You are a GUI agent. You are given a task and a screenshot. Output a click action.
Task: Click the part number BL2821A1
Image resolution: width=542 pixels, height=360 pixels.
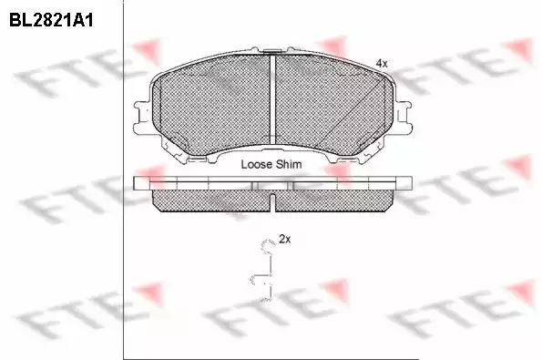coord(51,20)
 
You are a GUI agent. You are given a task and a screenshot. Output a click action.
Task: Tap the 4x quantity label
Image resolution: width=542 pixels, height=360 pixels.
coord(382,63)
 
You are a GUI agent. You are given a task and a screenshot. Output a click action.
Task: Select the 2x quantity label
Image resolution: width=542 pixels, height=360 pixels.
coord(285,239)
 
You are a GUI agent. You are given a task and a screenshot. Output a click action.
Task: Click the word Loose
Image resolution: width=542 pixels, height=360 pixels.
coord(257,164)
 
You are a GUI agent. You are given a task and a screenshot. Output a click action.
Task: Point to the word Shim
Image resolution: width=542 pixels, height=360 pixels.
coord(289,164)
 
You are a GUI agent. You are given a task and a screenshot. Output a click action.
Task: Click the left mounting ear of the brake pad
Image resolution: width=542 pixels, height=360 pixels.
coord(142,117)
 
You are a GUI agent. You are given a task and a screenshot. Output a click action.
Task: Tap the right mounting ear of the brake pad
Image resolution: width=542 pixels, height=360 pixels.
coord(403,117)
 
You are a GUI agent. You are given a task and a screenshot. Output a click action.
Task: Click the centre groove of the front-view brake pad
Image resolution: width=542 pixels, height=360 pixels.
coord(272,99)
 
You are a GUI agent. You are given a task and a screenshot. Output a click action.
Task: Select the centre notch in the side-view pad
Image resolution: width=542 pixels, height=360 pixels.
coord(272,203)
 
